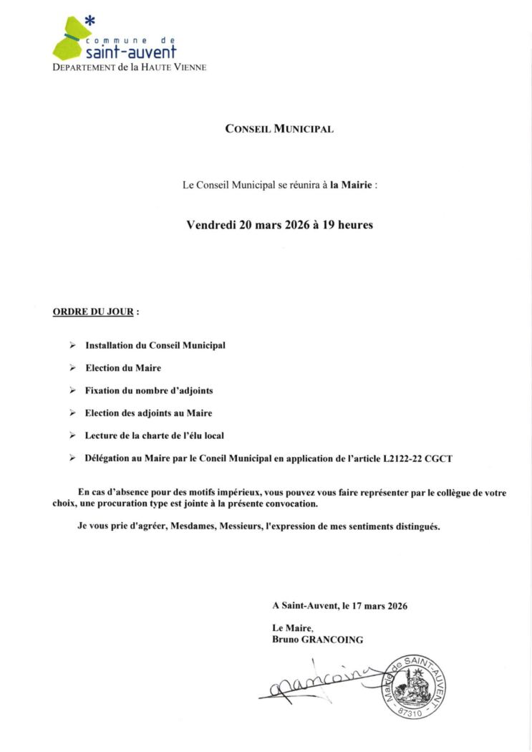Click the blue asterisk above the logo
[x=90, y=21]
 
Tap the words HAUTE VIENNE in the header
[x=179, y=67]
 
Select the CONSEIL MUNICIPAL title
[x=279, y=130]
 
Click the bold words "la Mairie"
[x=351, y=185]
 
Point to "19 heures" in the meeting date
[x=349, y=224]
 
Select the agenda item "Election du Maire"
[x=123, y=368]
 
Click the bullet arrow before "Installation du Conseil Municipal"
[x=73, y=345]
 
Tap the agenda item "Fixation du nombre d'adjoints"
[x=149, y=391]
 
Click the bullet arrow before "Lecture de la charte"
[x=73, y=435]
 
